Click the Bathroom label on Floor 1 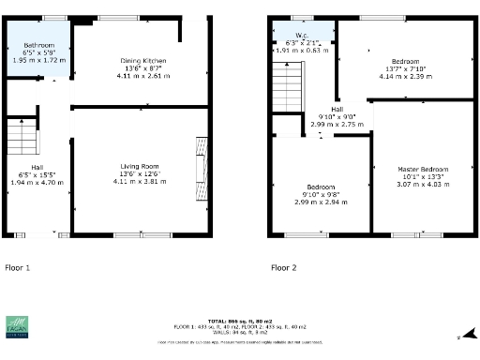click(x=38, y=45)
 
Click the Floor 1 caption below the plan click(x=17, y=267)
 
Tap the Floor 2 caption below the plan click(x=284, y=267)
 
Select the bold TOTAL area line click(x=239, y=322)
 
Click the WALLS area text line click(x=239, y=333)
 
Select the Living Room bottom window click(x=142, y=233)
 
